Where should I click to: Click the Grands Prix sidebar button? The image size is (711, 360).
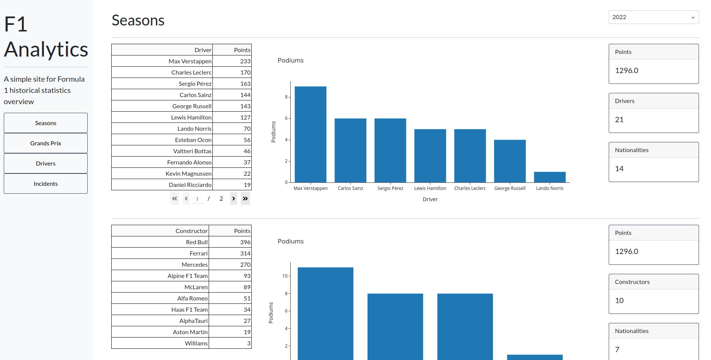tap(46, 143)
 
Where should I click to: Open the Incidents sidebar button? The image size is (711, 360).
tap(46, 184)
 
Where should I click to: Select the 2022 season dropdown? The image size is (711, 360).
tap(653, 17)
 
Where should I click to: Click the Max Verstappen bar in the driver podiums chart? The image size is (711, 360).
tap(310, 135)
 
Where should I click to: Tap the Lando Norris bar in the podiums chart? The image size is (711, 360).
tap(550, 177)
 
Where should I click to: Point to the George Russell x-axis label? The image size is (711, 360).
tap(509, 188)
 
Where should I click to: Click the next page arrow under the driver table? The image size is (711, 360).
tap(234, 199)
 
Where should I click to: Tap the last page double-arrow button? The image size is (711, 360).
tap(245, 199)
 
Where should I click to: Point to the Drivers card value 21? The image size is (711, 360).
tap(619, 120)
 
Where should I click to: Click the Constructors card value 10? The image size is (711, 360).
tap(619, 301)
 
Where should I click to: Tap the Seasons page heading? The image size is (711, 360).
tap(138, 21)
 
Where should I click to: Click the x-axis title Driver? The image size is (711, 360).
tap(430, 199)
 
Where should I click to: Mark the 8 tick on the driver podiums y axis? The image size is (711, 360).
tap(286, 97)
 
